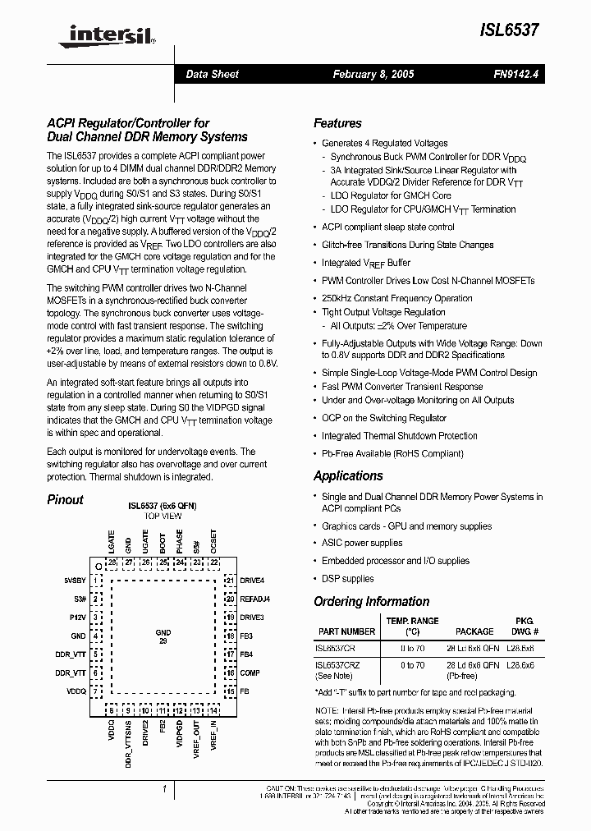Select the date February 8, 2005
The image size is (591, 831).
[373, 74]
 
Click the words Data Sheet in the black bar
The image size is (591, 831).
[212, 74]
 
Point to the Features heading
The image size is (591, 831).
[337, 123]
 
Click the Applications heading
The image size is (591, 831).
[348, 475]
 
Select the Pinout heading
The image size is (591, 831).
[65, 499]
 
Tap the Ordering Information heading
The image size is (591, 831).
[371, 601]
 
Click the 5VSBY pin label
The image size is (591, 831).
[75, 580]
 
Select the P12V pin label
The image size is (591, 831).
[78, 617]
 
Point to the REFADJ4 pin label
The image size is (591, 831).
[254, 599]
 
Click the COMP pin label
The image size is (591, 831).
[250, 673]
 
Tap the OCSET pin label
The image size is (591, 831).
[213, 543]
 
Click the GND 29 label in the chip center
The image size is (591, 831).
[163, 636]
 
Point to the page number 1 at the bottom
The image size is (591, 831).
[164, 789]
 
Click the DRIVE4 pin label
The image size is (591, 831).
[252, 580]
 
